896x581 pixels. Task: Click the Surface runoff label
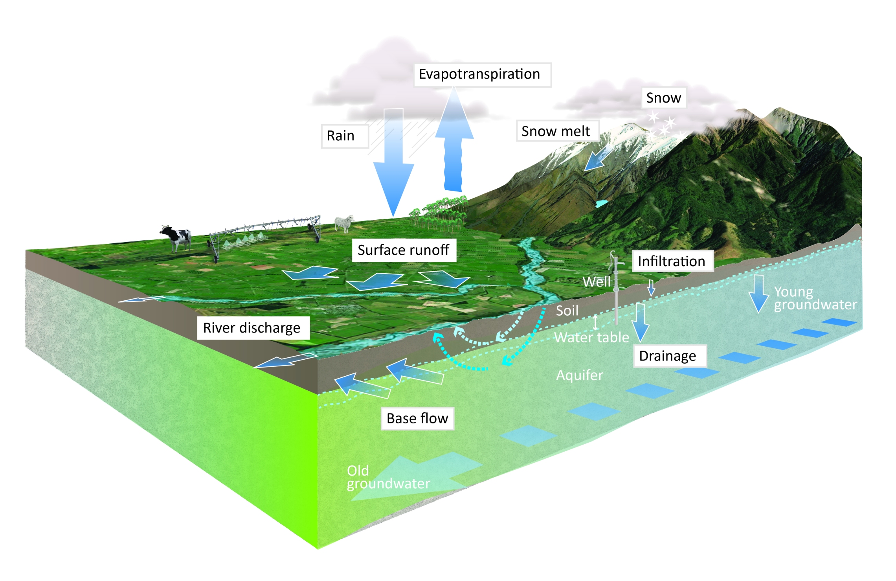404,250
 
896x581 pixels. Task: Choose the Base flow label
417,418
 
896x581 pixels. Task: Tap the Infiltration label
672,261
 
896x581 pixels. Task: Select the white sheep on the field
344,223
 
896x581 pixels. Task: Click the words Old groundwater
387,477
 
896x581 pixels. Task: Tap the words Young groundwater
814,298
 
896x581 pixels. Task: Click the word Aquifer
579,375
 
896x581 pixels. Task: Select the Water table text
591,337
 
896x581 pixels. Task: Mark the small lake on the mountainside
601,203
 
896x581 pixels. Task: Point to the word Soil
567,311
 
